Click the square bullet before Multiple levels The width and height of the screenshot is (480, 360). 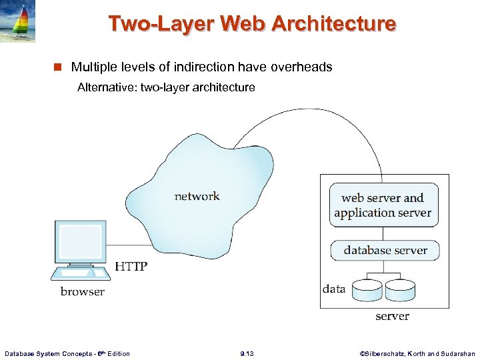pos(58,67)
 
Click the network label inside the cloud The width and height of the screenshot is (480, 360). pos(197,196)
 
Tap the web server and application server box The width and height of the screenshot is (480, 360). pos(383,205)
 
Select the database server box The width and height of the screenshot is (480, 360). pos(385,251)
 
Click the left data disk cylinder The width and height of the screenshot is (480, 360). pos(367,289)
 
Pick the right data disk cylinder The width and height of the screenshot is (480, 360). pos(400,289)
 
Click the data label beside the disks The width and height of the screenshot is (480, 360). pos(334,289)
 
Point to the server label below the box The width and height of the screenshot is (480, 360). pos(392,316)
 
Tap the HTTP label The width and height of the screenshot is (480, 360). pos(131,267)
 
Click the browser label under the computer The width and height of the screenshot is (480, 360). pos(83,291)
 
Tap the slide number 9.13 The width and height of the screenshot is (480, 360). pos(247,353)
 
